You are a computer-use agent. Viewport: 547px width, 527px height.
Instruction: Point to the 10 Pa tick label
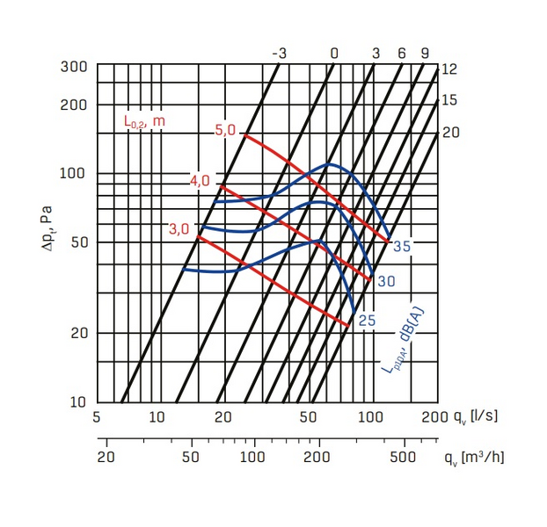pyautogui.click(x=77, y=402)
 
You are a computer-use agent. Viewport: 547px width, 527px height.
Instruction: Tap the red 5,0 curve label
pyautogui.click(x=225, y=130)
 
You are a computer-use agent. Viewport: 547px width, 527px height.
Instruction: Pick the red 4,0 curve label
pyautogui.click(x=200, y=181)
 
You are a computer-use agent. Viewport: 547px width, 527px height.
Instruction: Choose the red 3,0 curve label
pyautogui.click(x=179, y=229)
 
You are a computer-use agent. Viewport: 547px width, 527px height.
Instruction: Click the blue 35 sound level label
pyautogui.click(x=402, y=247)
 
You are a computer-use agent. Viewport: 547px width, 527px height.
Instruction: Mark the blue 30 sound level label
pyautogui.click(x=385, y=281)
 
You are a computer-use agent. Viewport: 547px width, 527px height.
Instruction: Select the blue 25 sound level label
pyautogui.click(x=368, y=321)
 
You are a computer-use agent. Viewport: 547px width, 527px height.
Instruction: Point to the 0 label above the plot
pyautogui.click(x=334, y=54)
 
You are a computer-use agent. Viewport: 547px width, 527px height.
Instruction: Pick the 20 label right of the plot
pyautogui.click(x=450, y=132)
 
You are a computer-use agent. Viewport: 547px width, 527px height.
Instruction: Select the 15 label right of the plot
pyautogui.click(x=449, y=100)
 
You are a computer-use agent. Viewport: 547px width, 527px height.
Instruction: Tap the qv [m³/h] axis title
pyautogui.click(x=475, y=457)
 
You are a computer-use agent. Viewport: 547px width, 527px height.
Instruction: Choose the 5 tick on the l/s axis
pyautogui.click(x=97, y=416)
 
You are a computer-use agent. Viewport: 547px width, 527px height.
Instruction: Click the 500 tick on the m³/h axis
pyautogui.click(x=403, y=458)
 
